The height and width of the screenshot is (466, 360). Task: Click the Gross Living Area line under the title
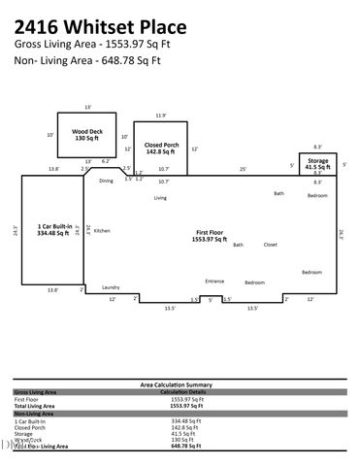click(87, 45)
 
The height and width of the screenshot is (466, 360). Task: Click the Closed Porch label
click(160, 148)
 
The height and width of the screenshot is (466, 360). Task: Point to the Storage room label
click(318, 163)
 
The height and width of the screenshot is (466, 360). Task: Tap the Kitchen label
click(102, 230)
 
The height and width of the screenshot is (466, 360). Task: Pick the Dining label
click(106, 181)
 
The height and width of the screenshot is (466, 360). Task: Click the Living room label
click(160, 198)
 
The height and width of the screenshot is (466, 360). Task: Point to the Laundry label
click(110, 286)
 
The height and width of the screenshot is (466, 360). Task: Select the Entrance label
click(214, 282)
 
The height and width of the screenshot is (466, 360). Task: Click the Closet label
click(270, 245)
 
